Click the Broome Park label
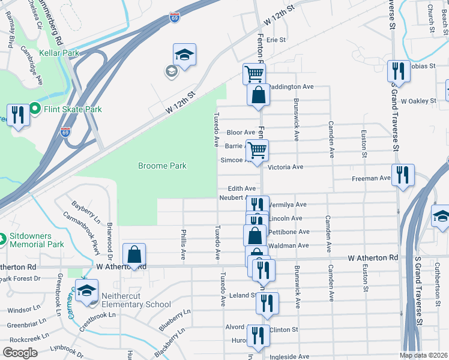click(162, 166)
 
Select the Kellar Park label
click(59, 53)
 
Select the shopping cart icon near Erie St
click(254, 74)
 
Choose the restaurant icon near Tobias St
click(398, 71)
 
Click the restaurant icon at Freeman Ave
click(402, 175)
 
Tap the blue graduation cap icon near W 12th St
click(184, 55)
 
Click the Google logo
click(20, 353)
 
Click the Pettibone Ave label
click(288, 232)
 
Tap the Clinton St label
click(283, 329)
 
